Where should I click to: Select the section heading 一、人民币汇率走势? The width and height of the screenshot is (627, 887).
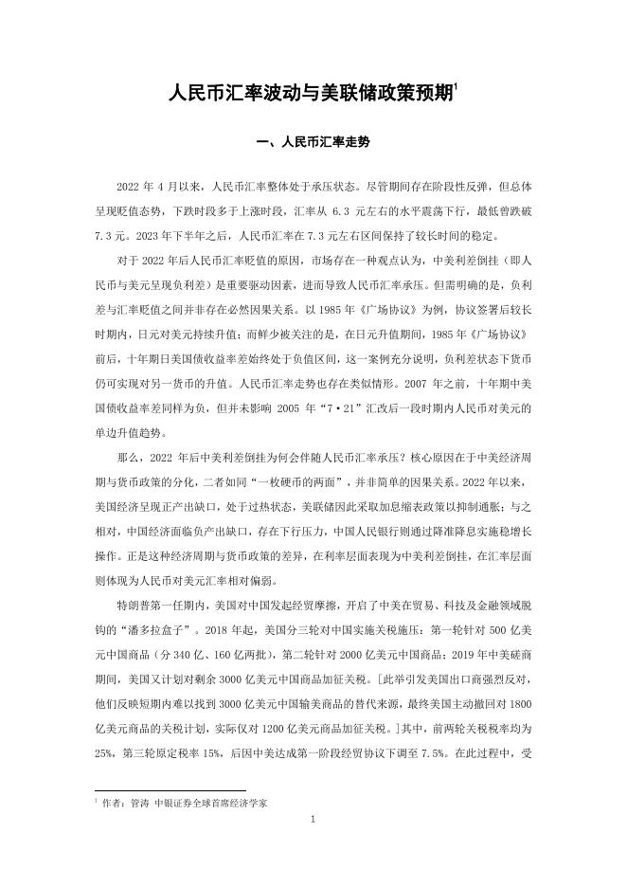(313, 143)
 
